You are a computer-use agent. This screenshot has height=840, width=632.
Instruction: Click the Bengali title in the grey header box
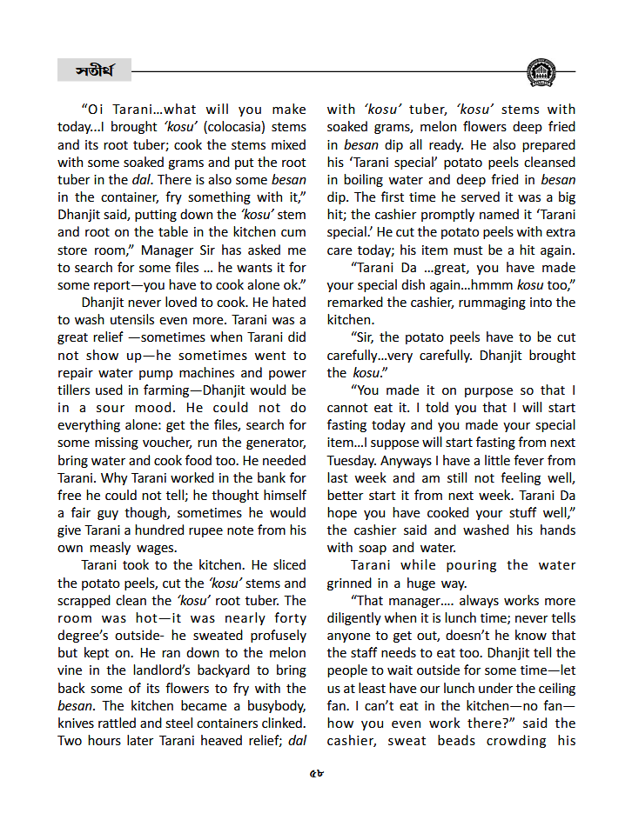click(94, 70)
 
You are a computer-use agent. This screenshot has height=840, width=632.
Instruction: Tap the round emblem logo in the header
click(541, 71)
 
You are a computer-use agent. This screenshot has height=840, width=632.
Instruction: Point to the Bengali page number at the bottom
click(316, 775)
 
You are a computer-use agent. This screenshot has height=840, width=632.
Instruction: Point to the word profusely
click(268, 635)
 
